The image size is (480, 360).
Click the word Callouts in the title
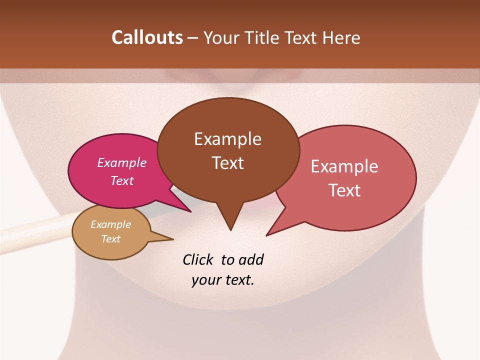click(147, 37)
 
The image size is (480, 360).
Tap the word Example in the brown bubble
click(227, 138)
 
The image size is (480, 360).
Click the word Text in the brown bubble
click(228, 162)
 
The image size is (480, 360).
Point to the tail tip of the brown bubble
click(230, 229)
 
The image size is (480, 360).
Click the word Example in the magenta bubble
click(122, 162)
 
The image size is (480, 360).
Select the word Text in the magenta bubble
click(122, 180)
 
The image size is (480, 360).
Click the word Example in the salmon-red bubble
click(344, 166)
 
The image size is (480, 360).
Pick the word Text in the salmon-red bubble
click(344, 190)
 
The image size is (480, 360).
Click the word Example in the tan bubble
click(110, 224)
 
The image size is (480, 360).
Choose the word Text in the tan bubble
click(110, 239)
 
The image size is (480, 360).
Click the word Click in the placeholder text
click(199, 259)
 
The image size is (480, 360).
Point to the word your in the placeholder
click(204, 280)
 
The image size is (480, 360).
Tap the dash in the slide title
click(193, 38)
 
